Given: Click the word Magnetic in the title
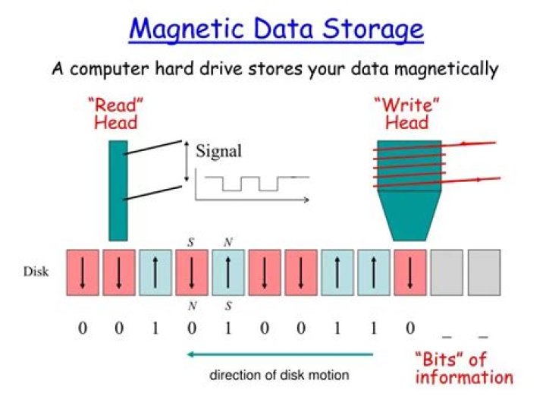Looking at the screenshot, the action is click(187, 29).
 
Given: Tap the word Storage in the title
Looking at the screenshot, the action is click(372, 29).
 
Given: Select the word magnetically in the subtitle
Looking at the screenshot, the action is click(447, 69).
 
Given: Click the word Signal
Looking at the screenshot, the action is click(218, 151).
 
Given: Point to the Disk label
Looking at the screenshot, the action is click(36, 272).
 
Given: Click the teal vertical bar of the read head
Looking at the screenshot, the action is click(118, 190).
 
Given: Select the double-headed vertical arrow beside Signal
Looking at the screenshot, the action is click(187, 162).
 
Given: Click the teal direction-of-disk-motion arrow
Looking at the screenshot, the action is click(281, 354).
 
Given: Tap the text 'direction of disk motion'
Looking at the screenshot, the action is click(279, 375).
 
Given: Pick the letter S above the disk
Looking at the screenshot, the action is click(190, 242).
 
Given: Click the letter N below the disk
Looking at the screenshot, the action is click(192, 306).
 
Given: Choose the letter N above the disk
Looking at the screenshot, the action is click(228, 242).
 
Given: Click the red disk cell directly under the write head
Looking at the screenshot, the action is click(409, 272).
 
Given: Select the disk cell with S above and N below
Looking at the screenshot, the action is click(192, 272).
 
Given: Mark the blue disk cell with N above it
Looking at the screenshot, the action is click(228, 272).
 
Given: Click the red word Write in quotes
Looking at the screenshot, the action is click(406, 105).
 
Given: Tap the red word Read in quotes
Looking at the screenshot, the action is click(115, 105).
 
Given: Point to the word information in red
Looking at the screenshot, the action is click(465, 378).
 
